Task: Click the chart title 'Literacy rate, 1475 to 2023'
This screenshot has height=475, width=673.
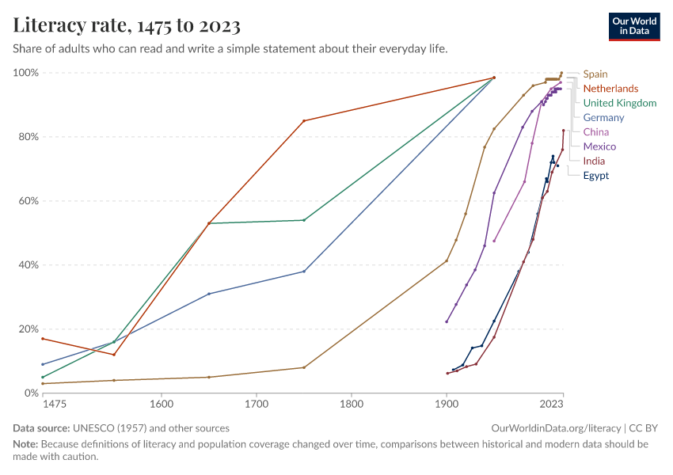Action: (x=127, y=26)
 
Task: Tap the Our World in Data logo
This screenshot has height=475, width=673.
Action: (x=633, y=26)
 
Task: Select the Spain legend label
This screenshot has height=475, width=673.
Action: (x=595, y=74)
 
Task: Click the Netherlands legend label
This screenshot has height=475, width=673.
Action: (x=610, y=89)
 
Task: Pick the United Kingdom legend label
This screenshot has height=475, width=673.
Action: (x=619, y=103)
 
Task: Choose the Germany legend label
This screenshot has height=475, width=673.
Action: (x=603, y=118)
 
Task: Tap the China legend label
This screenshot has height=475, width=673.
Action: (x=595, y=132)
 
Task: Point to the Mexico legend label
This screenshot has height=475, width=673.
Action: (x=599, y=146)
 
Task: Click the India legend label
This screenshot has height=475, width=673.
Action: (x=594, y=161)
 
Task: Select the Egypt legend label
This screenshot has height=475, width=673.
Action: (x=596, y=176)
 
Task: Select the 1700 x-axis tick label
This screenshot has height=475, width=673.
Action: (x=257, y=404)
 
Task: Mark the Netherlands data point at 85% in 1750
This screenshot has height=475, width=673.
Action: (x=304, y=120)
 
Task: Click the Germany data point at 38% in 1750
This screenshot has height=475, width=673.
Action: (x=304, y=272)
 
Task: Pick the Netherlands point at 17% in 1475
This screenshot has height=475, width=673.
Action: (x=43, y=339)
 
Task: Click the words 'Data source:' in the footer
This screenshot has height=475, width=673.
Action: (x=41, y=428)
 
